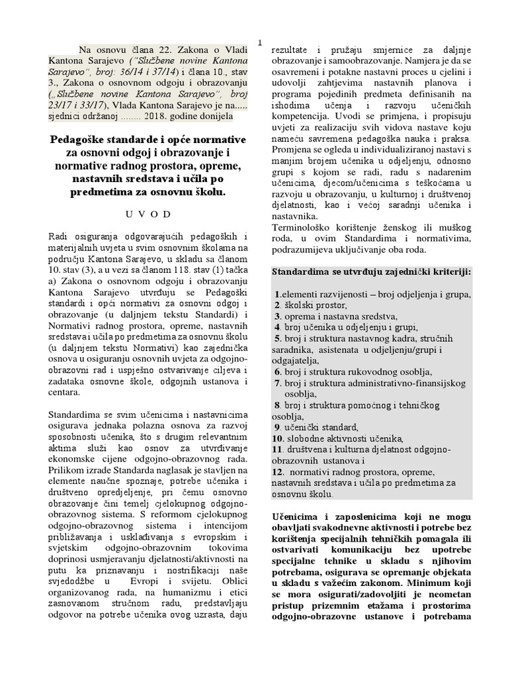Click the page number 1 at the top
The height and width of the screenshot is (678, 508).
point(260,42)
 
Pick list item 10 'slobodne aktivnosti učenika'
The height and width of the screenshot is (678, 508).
point(343,438)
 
